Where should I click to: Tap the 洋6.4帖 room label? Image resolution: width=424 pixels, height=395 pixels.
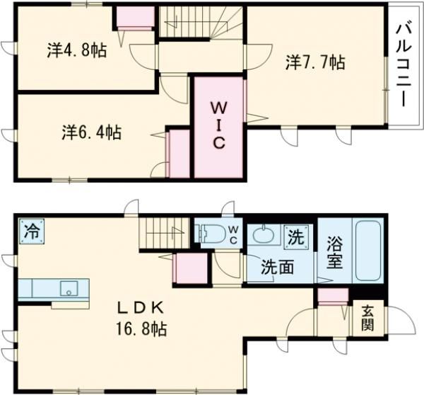(x=90, y=132)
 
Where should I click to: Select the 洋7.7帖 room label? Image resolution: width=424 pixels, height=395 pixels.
(x=315, y=63)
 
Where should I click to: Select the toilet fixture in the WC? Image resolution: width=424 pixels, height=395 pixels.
(x=213, y=234)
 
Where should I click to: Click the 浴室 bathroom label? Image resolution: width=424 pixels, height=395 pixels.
(x=334, y=253)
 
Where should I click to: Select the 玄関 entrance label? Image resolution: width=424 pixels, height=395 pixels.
(x=369, y=318)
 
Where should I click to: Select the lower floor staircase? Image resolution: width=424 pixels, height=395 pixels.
(x=165, y=233)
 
